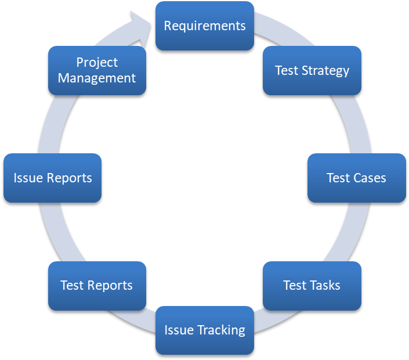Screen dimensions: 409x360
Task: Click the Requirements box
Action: click(205, 26)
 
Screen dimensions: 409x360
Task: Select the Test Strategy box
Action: click(312, 70)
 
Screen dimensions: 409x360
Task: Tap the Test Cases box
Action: click(357, 178)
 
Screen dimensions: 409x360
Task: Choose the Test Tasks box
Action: click(312, 286)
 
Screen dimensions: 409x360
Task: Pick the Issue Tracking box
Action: click(205, 330)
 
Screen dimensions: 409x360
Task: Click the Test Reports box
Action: click(97, 286)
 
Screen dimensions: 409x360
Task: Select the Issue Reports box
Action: click(52, 178)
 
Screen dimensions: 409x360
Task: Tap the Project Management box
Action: click(97, 70)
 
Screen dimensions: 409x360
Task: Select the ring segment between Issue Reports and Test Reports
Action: click(60, 232)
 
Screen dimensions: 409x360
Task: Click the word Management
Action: click(97, 78)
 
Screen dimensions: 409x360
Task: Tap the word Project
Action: click(97, 63)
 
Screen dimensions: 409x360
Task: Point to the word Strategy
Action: click(325, 71)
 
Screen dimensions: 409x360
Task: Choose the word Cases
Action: click(370, 178)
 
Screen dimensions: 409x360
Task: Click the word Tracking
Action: click(221, 330)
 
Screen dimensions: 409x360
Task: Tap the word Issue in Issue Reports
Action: click(28, 178)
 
